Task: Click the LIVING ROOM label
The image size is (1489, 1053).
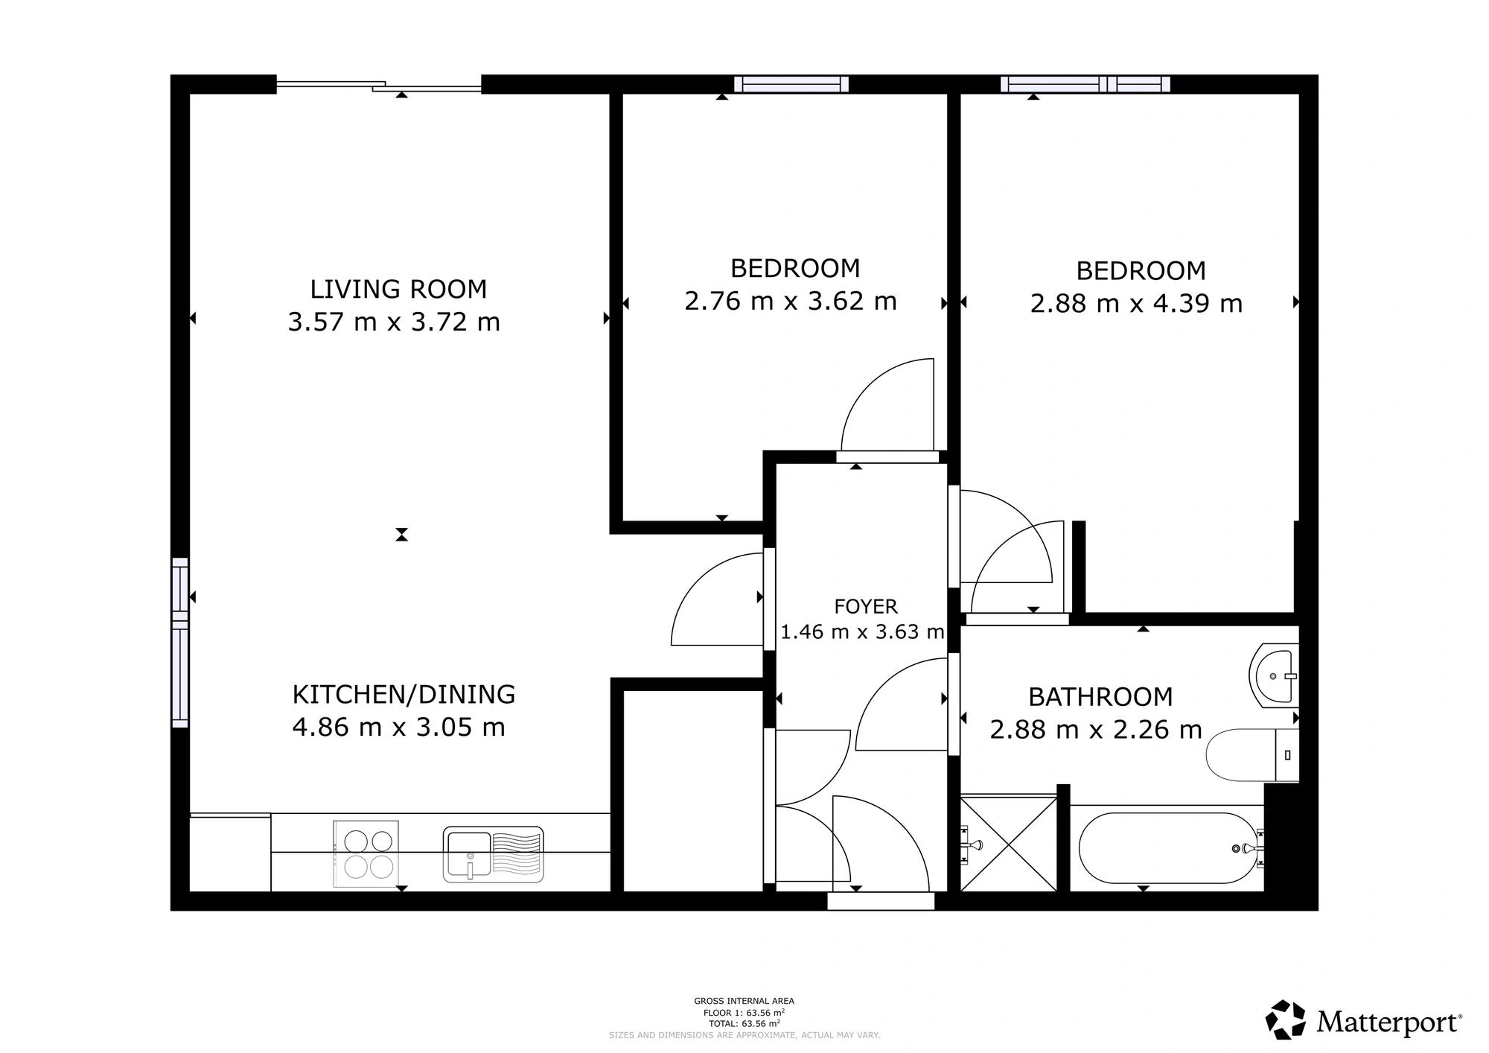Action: pos(398,289)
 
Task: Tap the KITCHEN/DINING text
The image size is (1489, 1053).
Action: pos(404,694)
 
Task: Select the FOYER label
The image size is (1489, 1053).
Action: pos(866,606)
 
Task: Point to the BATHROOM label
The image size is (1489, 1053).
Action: pos(1100,697)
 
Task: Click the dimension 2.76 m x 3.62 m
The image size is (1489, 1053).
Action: pos(791,301)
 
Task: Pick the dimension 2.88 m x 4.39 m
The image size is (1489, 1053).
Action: pos(1137,304)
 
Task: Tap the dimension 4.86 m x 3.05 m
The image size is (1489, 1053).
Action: pos(399,727)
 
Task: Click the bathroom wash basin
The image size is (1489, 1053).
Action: pos(1274,675)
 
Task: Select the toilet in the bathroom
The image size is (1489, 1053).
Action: pos(1253,755)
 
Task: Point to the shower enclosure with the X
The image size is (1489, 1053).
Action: pos(1009,844)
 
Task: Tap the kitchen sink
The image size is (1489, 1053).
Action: pos(493,853)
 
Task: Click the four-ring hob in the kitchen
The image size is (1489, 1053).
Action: pos(366,853)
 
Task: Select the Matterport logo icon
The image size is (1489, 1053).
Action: pos(1286,1019)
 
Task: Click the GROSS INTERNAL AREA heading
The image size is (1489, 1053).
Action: pos(744,1001)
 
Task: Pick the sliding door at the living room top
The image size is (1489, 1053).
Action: pos(379,85)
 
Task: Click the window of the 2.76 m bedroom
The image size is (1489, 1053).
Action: pos(791,84)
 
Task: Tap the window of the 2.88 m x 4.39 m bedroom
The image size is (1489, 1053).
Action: pos(1085,84)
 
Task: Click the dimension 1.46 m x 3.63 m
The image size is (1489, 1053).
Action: pos(862,632)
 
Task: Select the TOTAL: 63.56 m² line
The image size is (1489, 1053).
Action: pos(744,1023)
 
